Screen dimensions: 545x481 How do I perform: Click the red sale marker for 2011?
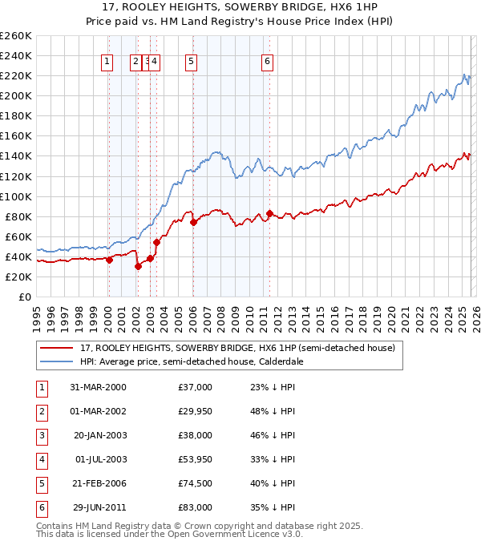pyautogui.click(x=270, y=213)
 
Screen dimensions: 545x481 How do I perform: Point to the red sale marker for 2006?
pyautogui.click(x=194, y=222)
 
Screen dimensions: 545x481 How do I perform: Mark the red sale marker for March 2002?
pyautogui.click(x=138, y=267)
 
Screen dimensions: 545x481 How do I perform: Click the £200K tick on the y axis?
pyautogui.click(x=16, y=95)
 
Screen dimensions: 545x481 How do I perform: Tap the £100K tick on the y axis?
pyautogui.click(x=16, y=196)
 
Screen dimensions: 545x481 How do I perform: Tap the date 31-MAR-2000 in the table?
pyautogui.click(x=98, y=387)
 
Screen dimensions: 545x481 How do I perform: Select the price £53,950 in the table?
pyautogui.click(x=195, y=459)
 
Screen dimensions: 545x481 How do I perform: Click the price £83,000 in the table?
pyautogui.click(x=195, y=507)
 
